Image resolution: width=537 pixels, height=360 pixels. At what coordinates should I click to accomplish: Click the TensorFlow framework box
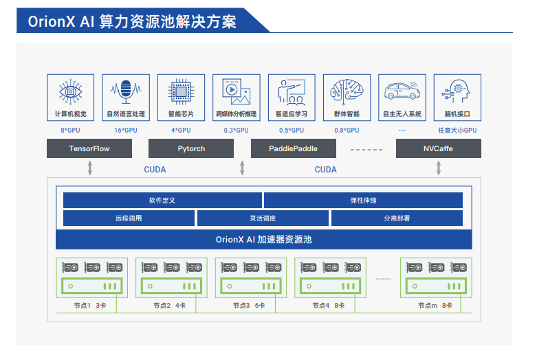point(89,148)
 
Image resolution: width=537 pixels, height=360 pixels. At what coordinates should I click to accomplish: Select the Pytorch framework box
point(191,148)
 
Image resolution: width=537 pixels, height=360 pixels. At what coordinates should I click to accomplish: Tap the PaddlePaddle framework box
point(293,148)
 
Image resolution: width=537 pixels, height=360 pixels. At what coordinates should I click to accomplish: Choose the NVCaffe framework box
point(438,148)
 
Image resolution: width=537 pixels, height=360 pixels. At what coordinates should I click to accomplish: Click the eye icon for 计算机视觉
point(70,91)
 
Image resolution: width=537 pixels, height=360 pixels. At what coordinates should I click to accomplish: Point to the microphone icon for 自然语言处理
point(126,91)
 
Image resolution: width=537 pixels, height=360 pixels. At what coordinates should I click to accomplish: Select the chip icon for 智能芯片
point(181,91)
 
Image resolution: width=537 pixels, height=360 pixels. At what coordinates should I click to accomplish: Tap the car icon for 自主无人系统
point(402,91)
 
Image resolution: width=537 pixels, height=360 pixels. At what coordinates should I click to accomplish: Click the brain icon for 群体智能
point(347,91)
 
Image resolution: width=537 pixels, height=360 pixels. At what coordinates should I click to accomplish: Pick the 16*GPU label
point(126,130)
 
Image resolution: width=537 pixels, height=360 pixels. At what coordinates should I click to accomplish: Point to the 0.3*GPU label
point(236,130)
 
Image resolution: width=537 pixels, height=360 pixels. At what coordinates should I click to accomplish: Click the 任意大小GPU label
point(457,130)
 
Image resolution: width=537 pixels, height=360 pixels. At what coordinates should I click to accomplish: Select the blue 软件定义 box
point(162,200)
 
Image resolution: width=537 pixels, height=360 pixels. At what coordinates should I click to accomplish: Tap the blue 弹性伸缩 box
point(363,200)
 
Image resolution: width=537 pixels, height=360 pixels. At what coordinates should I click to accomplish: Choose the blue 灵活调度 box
point(262,218)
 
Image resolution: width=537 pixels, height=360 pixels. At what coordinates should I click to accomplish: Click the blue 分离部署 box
point(397,218)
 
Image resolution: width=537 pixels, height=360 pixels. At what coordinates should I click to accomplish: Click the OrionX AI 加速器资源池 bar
point(263,240)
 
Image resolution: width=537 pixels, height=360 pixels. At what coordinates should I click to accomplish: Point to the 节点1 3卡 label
point(90,305)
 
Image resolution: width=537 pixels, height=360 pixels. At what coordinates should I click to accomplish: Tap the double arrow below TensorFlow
point(90,168)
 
